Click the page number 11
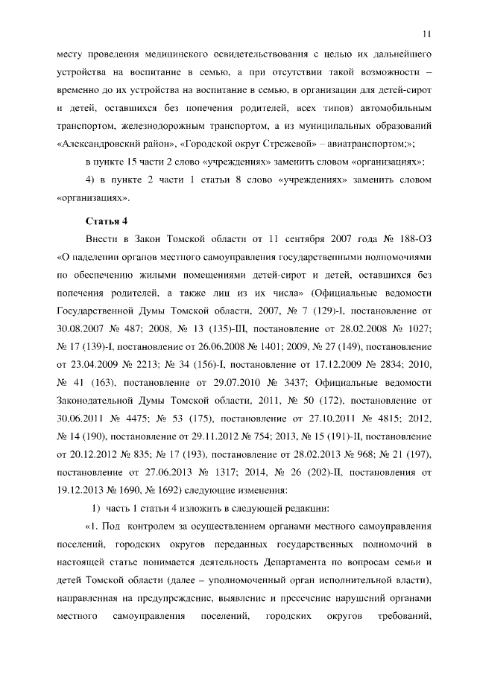point(427,33)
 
